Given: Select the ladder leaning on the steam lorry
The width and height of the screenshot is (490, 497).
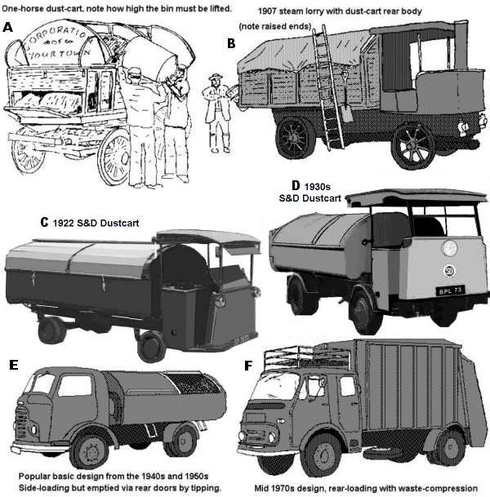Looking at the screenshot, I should click(329, 90).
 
